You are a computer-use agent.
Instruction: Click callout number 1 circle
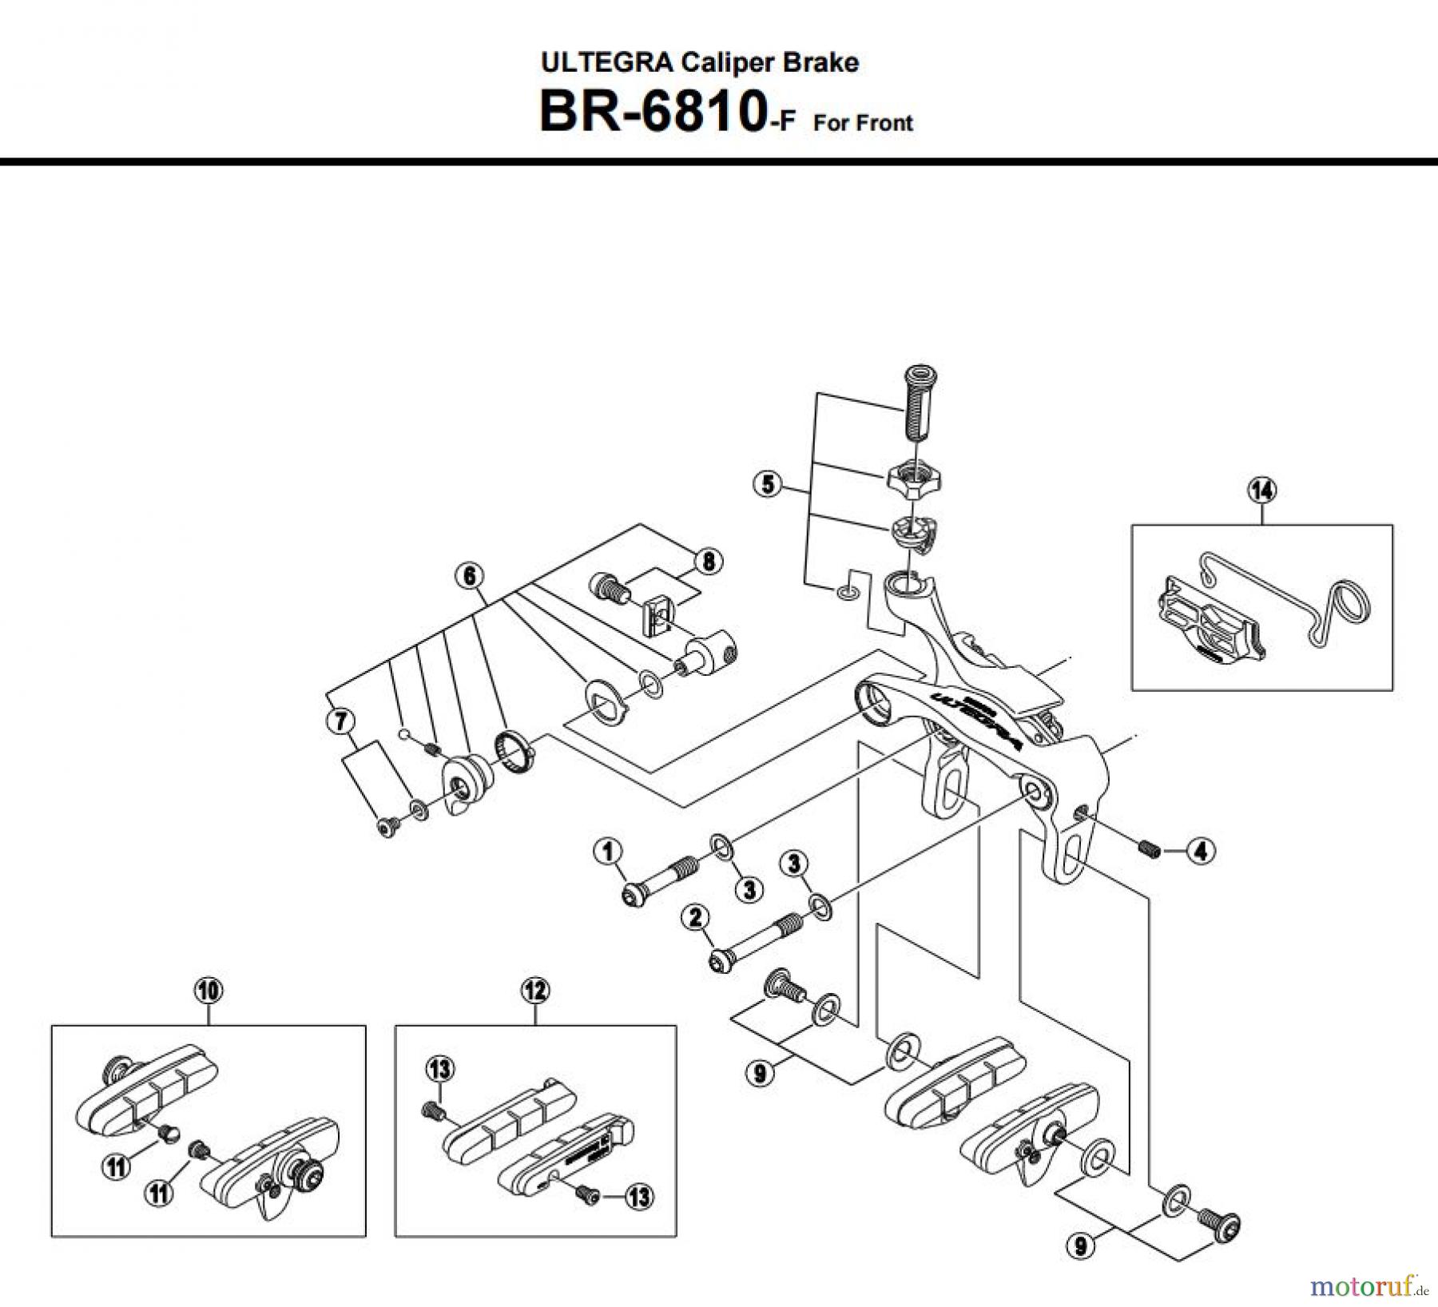(608, 852)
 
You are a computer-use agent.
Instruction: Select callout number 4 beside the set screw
(1201, 852)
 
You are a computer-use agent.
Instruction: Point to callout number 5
(768, 484)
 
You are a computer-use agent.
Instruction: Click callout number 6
(469, 575)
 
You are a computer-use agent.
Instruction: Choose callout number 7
(340, 722)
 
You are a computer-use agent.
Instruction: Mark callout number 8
(709, 562)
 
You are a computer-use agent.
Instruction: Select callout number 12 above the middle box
(534, 991)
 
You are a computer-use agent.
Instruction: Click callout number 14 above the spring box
(1262, 490)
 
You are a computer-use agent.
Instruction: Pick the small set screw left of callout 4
(1148, 850)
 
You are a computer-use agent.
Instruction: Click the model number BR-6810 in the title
(649, 112)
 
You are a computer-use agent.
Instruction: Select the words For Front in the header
(863, 123)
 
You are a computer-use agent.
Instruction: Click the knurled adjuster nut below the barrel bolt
(913, 479)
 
